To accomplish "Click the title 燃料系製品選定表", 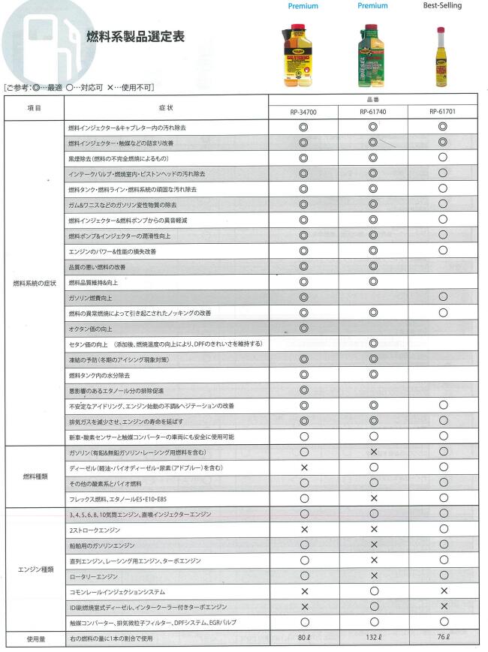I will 136,36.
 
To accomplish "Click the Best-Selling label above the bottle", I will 442,6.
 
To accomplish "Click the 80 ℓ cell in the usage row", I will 303,638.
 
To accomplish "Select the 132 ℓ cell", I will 372,638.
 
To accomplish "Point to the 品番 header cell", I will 372,99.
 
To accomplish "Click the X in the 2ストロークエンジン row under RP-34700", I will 303,529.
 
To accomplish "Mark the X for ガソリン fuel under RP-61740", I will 372,452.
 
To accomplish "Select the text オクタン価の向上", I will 91,329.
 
